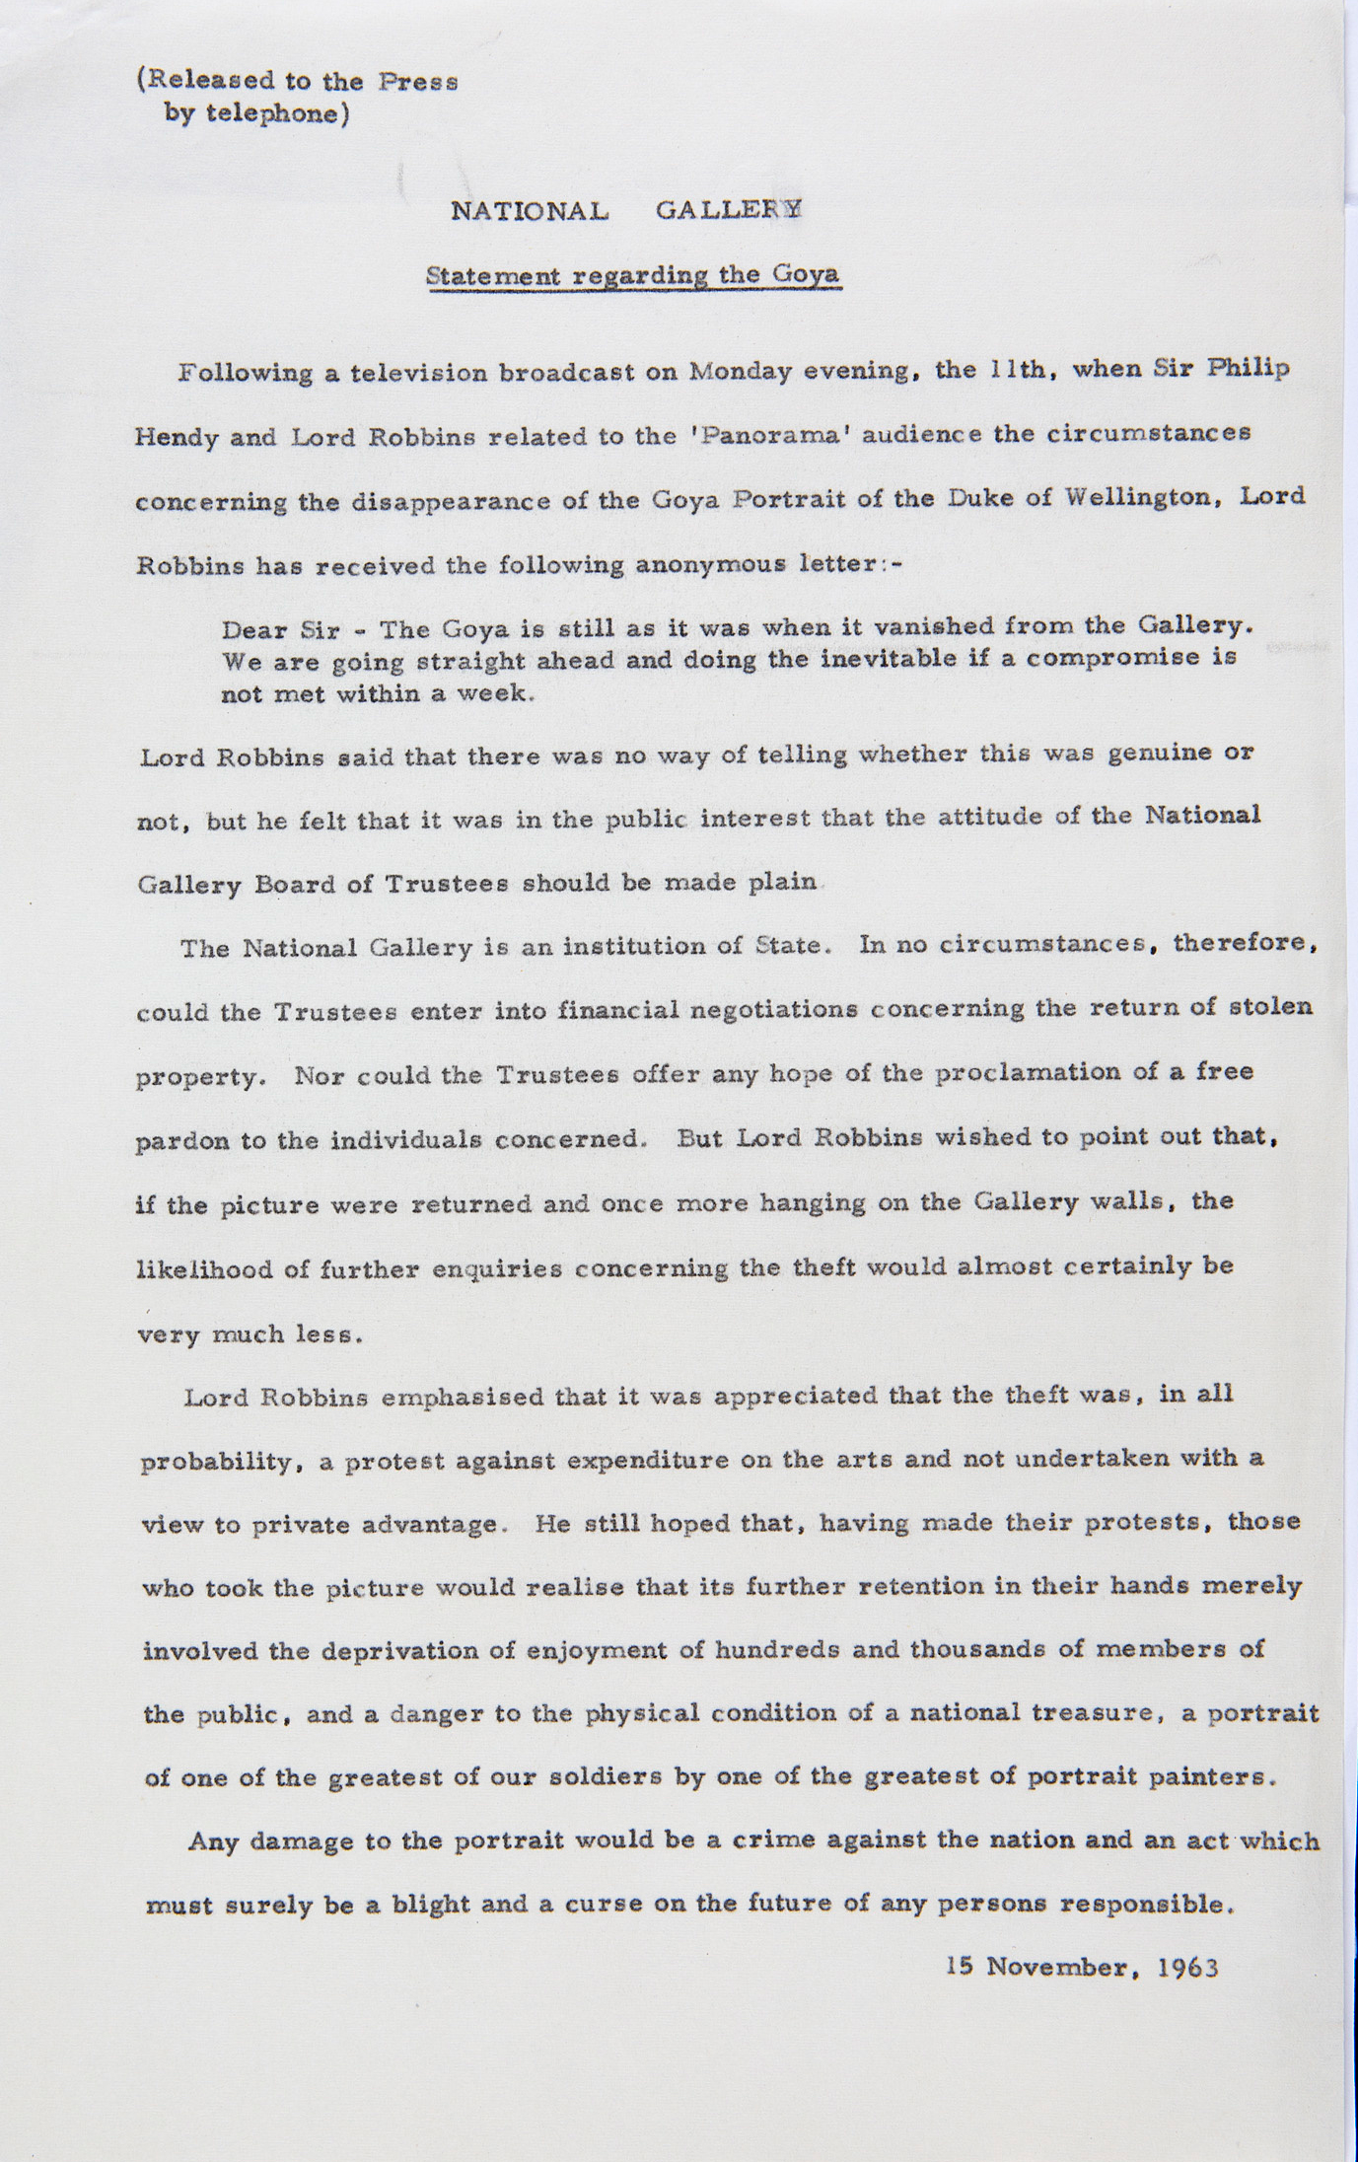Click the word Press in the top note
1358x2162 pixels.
(x=418, y=82)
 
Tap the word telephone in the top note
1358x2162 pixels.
(x=277, y=114)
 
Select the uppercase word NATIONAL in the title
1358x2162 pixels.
(x=529, y=210)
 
